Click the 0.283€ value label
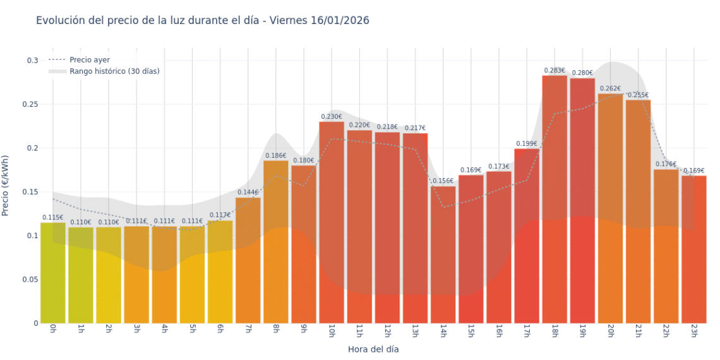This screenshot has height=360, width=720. pos(554,71)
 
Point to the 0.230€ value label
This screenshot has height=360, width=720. pos(332,117)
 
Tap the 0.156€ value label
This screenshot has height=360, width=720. pos(443,181)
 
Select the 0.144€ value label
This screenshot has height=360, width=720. pos(248,193)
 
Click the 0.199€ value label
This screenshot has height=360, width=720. pos(526,144)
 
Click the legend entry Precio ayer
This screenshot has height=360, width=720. pos(90,60)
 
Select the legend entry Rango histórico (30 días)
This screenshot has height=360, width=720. pos(114,71)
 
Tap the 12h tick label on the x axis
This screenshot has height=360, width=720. pos(387,332)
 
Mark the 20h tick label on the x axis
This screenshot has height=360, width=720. pos(610,332)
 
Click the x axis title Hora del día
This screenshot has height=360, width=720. pos(373,349)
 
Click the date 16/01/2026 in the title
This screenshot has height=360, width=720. pos(340,21)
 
